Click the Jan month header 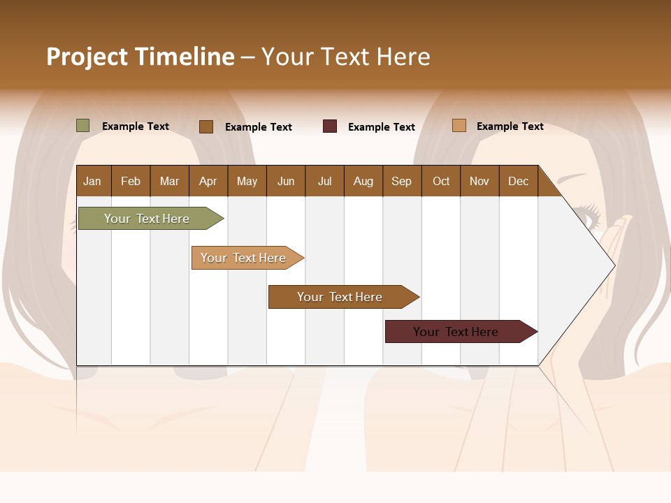click(x=92, y=181)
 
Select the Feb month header click(x=131, y=181)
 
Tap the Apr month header click(x=208, y=181)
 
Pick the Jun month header click(x=286, y=181)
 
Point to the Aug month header click(x=363, y=181)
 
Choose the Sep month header click(x=401, y=181)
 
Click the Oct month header click(x=441, y=181)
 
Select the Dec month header click(x=518, y=181)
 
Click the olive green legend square click(x=83, y=126)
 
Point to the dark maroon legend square click(x=330, y=126)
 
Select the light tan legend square click(x=459, y=126)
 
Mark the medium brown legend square click(x=206, y=126)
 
